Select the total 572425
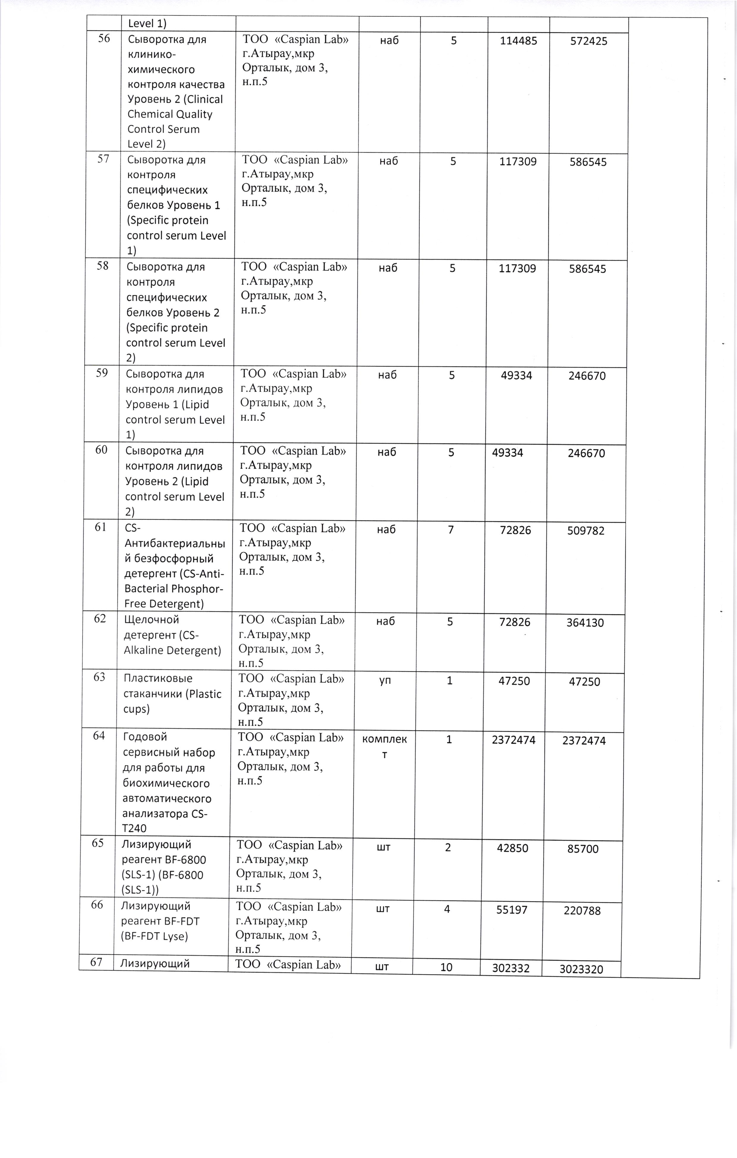pos(589,41)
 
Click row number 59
pos(102,373)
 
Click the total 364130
pos(585,623)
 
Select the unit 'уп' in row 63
pos(385,681)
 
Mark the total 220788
pos(582,910)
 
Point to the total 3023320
pos(581,969)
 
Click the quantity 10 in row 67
pos(446,967)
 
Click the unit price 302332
pos(511,968)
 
